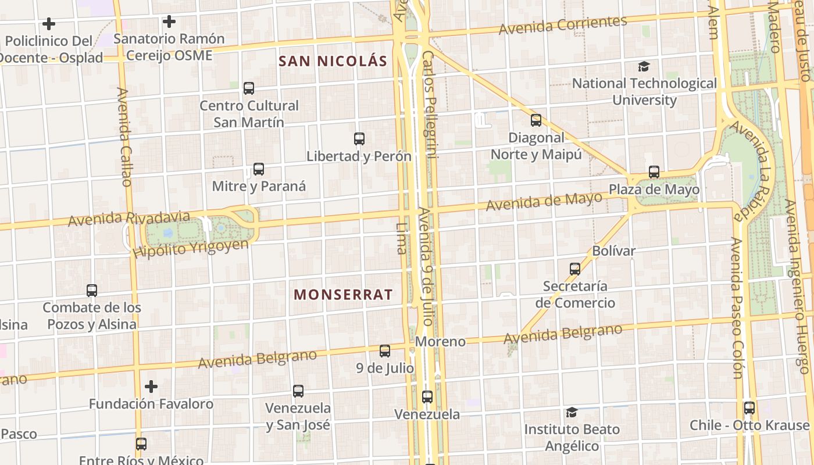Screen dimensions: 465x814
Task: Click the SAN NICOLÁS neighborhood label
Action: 333,61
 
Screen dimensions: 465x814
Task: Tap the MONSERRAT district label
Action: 343,295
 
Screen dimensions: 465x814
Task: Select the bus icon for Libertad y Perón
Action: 359,139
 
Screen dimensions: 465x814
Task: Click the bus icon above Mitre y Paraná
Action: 259,170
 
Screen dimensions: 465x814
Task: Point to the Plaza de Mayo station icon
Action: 654,172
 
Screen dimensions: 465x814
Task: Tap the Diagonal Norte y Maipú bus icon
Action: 536,120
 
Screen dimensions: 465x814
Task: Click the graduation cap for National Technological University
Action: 644,67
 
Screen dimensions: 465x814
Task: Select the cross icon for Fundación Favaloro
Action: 151,387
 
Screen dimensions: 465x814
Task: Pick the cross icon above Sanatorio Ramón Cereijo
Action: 169,22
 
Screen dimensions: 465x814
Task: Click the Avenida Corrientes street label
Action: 563,25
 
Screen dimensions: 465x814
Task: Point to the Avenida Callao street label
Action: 125,137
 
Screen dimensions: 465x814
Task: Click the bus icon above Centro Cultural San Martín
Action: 249,88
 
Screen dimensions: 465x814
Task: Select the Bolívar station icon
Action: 575,269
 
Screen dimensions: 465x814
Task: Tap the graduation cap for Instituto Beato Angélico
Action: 572,412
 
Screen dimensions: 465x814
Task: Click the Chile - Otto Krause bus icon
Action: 749,408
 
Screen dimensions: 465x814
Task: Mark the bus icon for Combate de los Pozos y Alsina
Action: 92,291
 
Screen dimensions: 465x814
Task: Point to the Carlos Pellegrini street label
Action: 429,105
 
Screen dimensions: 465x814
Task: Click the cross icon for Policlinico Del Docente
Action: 49,24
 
